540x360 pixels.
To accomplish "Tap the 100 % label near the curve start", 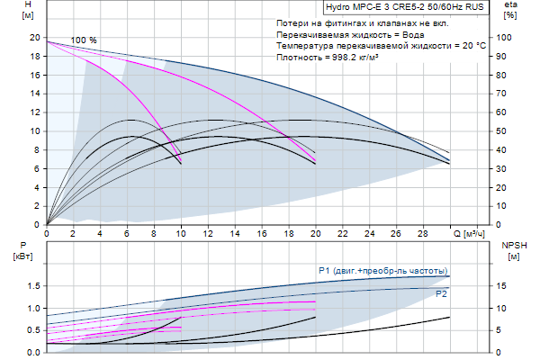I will click(x=84, y=40).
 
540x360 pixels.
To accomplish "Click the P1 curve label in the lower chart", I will click(x=382, y=270).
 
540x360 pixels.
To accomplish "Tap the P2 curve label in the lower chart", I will click(x=442, y=293).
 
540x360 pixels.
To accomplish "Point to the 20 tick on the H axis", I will click(x=34, y=38).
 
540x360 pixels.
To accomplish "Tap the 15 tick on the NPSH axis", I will click(x=507, y=286).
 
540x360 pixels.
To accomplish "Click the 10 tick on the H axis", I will click(x=34, y=130).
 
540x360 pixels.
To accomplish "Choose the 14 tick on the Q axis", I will click(x=235, y=233).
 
